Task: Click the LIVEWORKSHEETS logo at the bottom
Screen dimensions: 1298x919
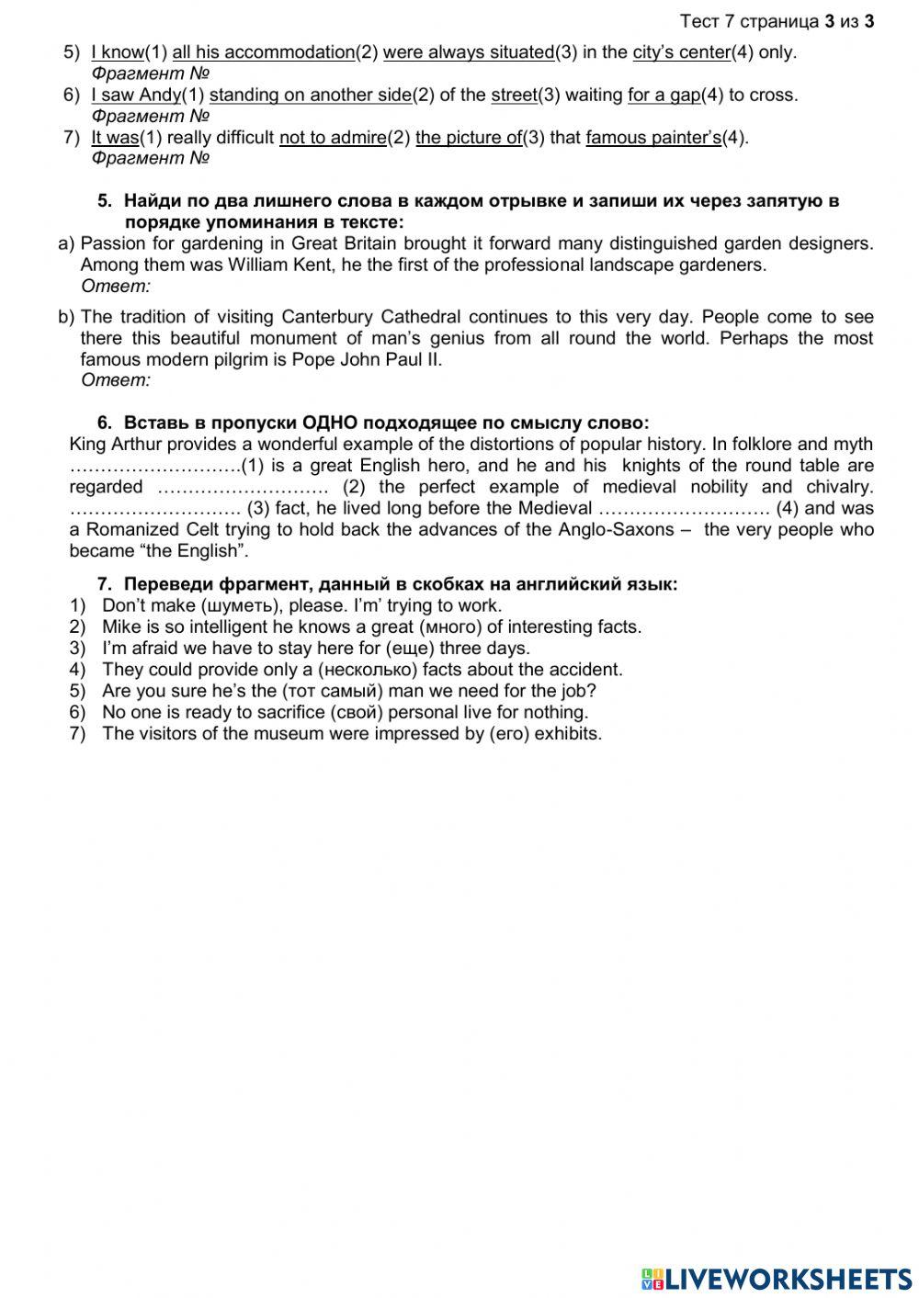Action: pyautogui.click(x=777, y=1278)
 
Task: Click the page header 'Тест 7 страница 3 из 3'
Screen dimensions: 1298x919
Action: pyautogui.click(x=777, y=21)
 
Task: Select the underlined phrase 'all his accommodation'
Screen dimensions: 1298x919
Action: pyautogui.click(x=263, y=52)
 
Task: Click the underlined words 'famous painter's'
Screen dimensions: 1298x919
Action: pyautogui.click(x=653, y=138)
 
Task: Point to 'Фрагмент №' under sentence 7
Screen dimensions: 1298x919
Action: pyautogui.click(x=151, y=158)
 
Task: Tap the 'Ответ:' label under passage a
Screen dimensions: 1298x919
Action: pyautogui.click(x=116, y=287)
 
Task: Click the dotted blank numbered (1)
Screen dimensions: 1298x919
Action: pyautogui.click(x=154, y=466)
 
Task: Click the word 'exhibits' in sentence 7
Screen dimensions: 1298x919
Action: pyautogui.click(x=566, y=734)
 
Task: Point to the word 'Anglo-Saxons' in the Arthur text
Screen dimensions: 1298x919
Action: pyautogui.click(x=621, y=530)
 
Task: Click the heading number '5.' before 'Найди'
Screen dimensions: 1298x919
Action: pyautogui.click(x=105, y=201)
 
